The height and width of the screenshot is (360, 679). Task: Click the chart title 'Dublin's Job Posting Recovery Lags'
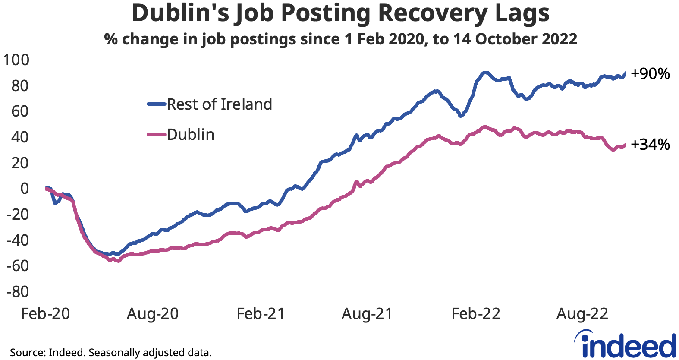coord(340,13)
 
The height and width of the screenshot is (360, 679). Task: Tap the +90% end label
coord(650,74)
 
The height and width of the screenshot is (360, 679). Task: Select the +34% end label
coord(650,144)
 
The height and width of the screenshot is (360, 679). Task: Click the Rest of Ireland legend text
coord(219,104)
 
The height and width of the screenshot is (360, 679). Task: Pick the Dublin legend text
coord(191,135)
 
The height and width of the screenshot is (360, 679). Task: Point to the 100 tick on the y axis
coord(16,60)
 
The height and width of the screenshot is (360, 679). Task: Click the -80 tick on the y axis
coord(18,291)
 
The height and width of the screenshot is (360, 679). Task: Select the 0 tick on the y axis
coord(24,188)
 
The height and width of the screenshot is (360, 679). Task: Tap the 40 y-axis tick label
coord(20,137)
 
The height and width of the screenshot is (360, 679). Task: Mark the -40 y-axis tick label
coord(18,240)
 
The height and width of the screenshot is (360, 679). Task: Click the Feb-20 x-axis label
coord(45,314)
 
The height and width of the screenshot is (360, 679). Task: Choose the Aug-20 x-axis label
coord(153,314)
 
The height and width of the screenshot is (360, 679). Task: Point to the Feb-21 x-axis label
coord(261,314)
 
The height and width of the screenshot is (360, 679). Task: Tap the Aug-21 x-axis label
coord(367,314)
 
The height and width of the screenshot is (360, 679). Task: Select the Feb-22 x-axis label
coord(476,314)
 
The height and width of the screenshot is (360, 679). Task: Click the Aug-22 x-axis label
coord(582,314)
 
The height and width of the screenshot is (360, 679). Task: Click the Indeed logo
coord(626,345)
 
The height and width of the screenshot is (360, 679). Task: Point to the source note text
coord(111,352)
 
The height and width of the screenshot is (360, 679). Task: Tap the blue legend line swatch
coord(156,104)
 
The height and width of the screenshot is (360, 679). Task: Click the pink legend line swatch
coord(156,135)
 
